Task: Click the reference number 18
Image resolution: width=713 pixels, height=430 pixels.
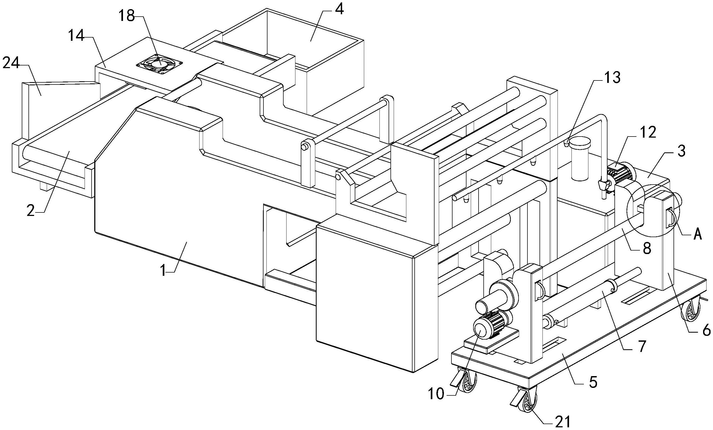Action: coord(127,16)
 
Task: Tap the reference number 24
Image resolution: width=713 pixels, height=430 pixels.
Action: coord(11,63)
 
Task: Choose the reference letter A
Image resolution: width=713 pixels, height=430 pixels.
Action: coord(698,234)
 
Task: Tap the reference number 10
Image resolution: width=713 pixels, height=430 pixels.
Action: coord(436,394)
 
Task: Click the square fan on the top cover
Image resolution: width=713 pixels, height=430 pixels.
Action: coord(160,63)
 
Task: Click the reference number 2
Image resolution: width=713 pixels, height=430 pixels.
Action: coord(31,211)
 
